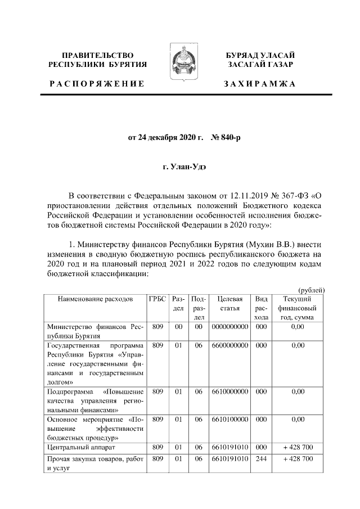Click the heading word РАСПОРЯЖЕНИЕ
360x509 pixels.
tap(96, 84)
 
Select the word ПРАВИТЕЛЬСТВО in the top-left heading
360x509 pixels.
tap(97, 55)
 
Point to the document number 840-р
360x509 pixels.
tap(225, 137)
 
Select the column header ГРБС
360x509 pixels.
tap(157, 299)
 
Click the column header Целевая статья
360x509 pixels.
tap(229, 304)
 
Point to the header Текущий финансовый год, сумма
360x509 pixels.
tap(298, 308)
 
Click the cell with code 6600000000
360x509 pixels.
tap(229, 345)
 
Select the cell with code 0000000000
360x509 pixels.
tap(229, 326)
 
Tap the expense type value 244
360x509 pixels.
tap(260, 460)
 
